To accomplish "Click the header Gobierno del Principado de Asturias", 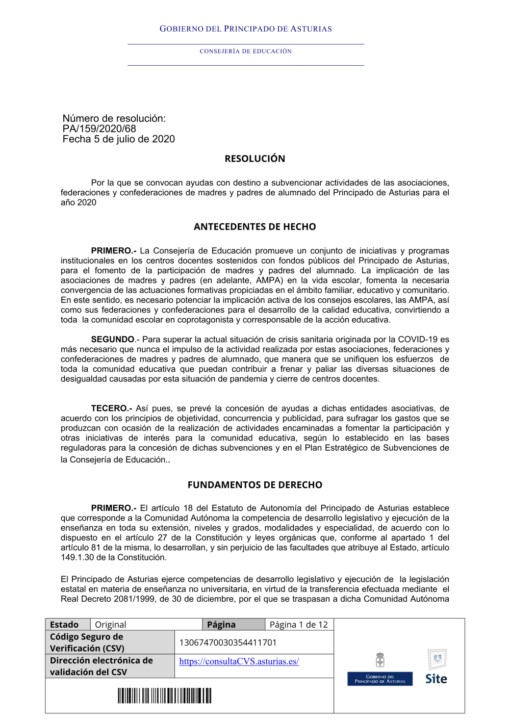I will click(x=246, y=29).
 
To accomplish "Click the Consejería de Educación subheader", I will click(x=246, y=51).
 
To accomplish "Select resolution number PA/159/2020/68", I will click(x=99, y=129).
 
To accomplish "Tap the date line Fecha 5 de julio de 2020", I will click(x=119, y=139).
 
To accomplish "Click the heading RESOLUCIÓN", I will click(x=254, y=159).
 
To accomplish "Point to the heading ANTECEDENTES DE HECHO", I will click(x=254, y=227).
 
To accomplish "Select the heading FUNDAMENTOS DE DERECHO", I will click(x=254, y=485).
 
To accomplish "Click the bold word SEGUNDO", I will click(x=113, y=340).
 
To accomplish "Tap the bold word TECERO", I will click(x=111, y=408).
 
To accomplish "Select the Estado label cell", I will click(x=64, y=625).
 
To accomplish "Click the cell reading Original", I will click(x=111, y=625).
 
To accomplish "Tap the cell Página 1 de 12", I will click(x=298, y=625).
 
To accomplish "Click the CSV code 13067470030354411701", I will click(x=227, y=642).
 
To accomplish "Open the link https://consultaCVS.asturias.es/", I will click(x=239, y=661).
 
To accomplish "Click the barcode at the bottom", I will click(x=164, y=696).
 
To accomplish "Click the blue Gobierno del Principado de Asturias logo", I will click(x=380, y=678).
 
